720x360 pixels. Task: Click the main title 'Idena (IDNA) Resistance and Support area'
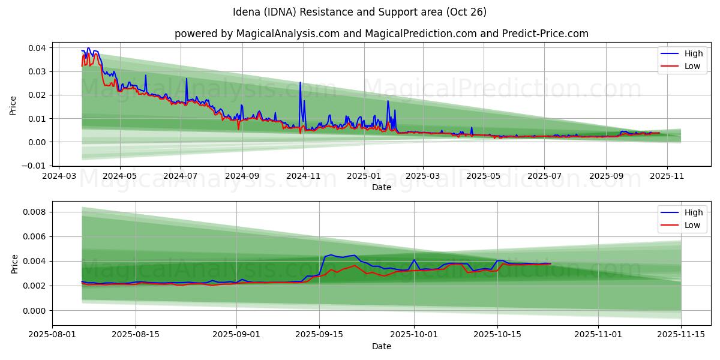tap(359, 12)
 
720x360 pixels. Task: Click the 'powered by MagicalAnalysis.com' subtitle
tap(381, 34)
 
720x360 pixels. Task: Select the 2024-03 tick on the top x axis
tap(58, 176)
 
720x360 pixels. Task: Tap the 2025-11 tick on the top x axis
tap(667, 176)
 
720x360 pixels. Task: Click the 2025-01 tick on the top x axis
tap(364, 176)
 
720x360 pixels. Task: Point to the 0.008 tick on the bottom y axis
tap(35, 212)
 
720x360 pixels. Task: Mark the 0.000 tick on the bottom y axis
tap(35, 311)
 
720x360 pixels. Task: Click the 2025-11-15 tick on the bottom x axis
tap(681, 335)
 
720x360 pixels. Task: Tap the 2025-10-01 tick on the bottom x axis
tap(414, 335)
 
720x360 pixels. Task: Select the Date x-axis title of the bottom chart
tap(381, 346)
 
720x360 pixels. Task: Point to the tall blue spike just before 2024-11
tap(300, 83)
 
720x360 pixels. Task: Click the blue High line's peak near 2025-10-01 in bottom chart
tap(414, 260)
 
